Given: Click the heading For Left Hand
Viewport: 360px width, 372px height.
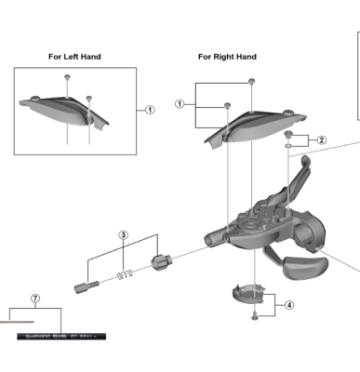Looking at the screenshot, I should click(74, 57).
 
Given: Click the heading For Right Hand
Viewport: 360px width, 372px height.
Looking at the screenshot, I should click(227, 57).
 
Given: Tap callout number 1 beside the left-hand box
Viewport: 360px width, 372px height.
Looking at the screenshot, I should click(150, 109).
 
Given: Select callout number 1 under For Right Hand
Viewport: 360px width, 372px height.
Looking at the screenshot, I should click(180, 104).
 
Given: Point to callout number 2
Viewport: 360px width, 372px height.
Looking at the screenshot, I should click(322, 140).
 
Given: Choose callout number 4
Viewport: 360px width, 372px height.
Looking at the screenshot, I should click(288, 304).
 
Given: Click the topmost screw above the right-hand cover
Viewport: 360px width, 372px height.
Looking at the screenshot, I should click(251, 83).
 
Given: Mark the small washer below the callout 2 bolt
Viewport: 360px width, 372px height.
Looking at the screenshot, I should click(289, 145).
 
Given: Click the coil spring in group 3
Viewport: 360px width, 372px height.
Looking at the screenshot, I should click(128, 272).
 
